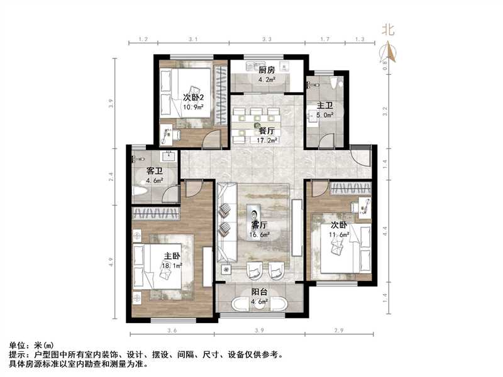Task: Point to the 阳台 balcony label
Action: pyautogui.click(x=260, y=292)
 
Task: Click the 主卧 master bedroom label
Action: pyautogui.click(x=172, y=256)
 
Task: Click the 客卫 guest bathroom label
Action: pyautogui.click(x=155, y=171)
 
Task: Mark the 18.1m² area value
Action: pyautogui.click(x=172, y=266)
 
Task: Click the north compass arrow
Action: pyautogui.click(x=390, y=50)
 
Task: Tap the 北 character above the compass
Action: pyautogui.click(x=389, y=29)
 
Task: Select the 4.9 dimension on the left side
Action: pyautogui.click(x=111, y=260)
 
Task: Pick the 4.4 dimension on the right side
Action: pyautogui.click(x=385, y=230)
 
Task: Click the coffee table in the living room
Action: pyautogui.click(x=255, y=214)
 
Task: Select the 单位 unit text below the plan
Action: pyautogui.click(x=23, y=346)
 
